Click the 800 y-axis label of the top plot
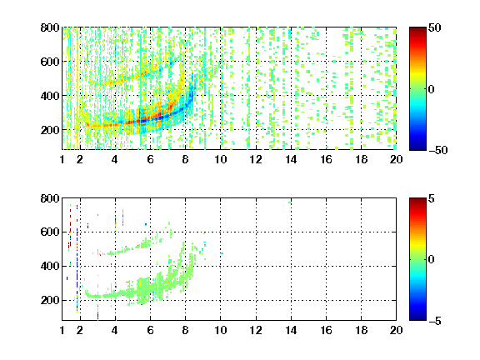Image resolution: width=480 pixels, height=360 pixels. point(50,27)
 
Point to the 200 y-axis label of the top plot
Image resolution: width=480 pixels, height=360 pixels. point(50,130)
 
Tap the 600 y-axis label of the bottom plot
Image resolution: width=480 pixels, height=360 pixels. point(50,232)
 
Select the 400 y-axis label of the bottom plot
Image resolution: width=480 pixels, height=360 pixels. point(50,266)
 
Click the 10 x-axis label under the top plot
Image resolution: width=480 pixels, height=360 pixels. point(220,159)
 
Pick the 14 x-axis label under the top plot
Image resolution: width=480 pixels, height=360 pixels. point(291,159)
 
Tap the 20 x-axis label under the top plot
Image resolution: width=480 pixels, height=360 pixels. point(396,159)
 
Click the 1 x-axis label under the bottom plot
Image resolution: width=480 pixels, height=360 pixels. point(62,330)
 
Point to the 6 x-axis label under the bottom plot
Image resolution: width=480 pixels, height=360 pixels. point(150,330)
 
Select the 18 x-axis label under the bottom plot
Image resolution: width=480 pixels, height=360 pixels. point(361,330)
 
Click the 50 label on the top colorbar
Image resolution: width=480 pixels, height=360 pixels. point(434,27)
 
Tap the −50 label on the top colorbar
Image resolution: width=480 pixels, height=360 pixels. point(438,150)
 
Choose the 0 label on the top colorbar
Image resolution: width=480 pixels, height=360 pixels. point(431,89)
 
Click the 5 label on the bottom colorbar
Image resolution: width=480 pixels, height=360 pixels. point(431,198)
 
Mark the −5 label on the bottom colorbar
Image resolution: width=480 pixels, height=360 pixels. point(435,321)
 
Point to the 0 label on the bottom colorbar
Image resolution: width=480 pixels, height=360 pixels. point(431,260)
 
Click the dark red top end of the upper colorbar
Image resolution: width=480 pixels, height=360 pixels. point(417,29)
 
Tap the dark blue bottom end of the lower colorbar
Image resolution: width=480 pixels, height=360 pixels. point(417,318)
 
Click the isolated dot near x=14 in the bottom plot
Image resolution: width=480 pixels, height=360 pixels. point(290,202)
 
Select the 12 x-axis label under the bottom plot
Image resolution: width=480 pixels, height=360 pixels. point(256,330)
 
